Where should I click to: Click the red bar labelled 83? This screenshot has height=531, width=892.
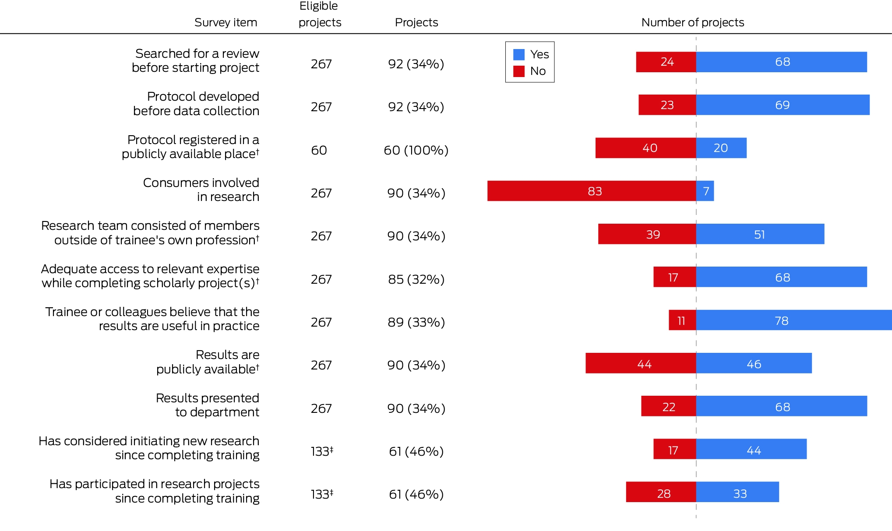click(x=592, y=191)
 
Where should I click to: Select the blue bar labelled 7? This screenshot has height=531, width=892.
click(x=705, y=191)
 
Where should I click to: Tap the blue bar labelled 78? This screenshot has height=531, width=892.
click(x=794, y=320)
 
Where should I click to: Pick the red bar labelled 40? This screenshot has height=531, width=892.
click(x=646, y=148)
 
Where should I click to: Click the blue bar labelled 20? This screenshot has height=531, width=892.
click(x=721, y=148)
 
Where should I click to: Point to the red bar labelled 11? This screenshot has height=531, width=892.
click(x=682, y=320)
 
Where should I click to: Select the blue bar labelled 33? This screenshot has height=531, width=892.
click(x=737, y=492)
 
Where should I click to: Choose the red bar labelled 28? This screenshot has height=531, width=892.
click(x=661, y=492)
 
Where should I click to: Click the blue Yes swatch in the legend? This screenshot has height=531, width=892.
click(x=519, y=54)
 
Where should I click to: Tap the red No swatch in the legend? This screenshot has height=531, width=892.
click(x=519, y=71)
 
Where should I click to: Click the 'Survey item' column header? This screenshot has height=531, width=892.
click(x=226, y=22)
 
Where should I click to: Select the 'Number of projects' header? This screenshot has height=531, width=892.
click(x=693, y=22)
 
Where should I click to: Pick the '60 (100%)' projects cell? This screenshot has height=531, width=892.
click(x=416, y=150)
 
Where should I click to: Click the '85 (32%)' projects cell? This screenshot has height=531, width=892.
click(x=416, y=279)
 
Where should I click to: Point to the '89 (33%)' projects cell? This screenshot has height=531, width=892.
click(x=416, y=322)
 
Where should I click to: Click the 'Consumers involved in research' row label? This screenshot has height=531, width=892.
click(x=201, y=190)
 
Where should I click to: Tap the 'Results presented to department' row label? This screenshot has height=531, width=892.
click(x=208, y=405)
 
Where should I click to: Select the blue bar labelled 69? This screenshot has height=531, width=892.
click(x=783, y=105)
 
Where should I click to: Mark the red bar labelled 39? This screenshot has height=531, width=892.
click(x=647, y=234)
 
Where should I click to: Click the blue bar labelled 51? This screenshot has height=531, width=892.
click(x=760, y=234)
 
